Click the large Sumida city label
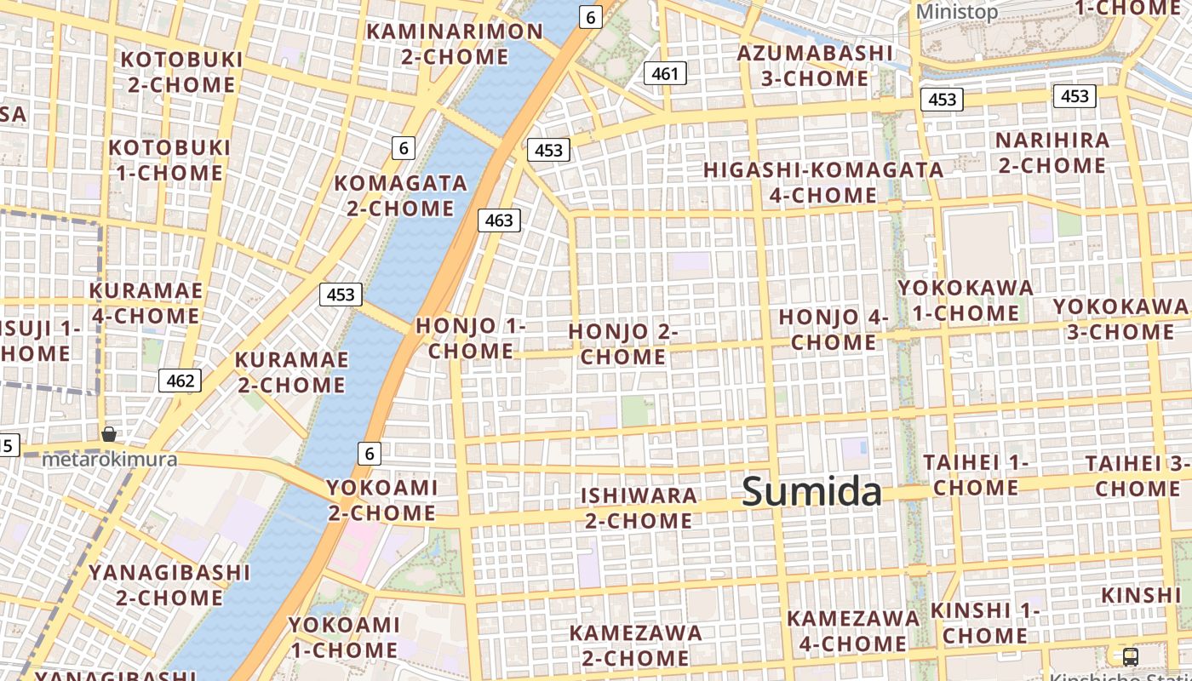[811, 492]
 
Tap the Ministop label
[956, 12]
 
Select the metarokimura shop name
[110, 460]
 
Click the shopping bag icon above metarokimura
[109, 434]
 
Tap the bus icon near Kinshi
[1130, 656]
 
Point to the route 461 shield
[664, 74]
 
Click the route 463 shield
[498, 220]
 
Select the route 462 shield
[181, 381]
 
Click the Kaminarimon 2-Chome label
[454, 44]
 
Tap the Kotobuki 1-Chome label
[170, 160]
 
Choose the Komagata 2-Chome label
[400, 196]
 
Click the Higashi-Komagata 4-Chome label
[823, 182]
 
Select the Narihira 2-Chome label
[1052, 152]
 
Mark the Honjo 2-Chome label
[622, 344]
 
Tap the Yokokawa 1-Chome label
[966, 300]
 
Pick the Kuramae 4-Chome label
[146, 303]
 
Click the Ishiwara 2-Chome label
[639, 507]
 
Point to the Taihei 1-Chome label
[976, 475]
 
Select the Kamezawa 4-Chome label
[853, 631]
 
